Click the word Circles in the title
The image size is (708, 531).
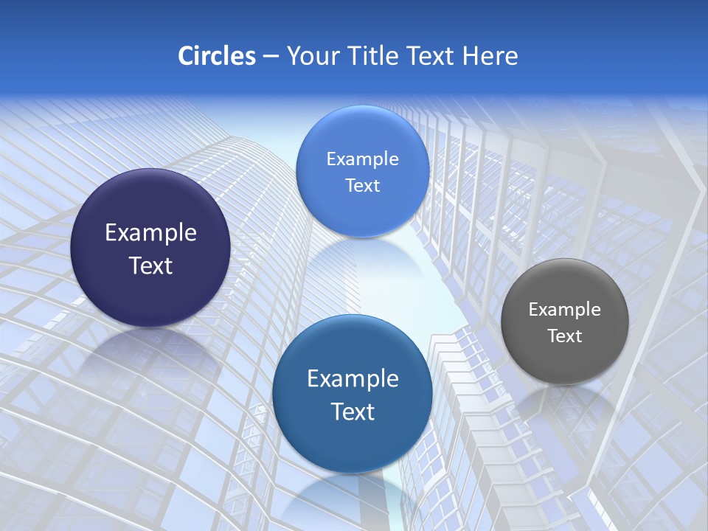tap(217, 56)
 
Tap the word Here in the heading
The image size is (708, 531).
tap(490, 56)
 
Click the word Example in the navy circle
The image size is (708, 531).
tap(150, 233)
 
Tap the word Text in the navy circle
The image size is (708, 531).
tap(150, 265)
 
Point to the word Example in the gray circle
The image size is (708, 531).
tap(564, 310)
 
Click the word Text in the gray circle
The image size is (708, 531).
tap(564, 336)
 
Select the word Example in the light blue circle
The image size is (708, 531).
tap(362, 159)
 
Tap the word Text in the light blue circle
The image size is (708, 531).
tap(362, 186)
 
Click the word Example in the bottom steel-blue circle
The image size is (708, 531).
tap(353, 379)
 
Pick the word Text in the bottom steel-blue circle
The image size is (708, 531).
tap(353, 412)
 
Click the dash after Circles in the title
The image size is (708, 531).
tap(271, 57)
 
